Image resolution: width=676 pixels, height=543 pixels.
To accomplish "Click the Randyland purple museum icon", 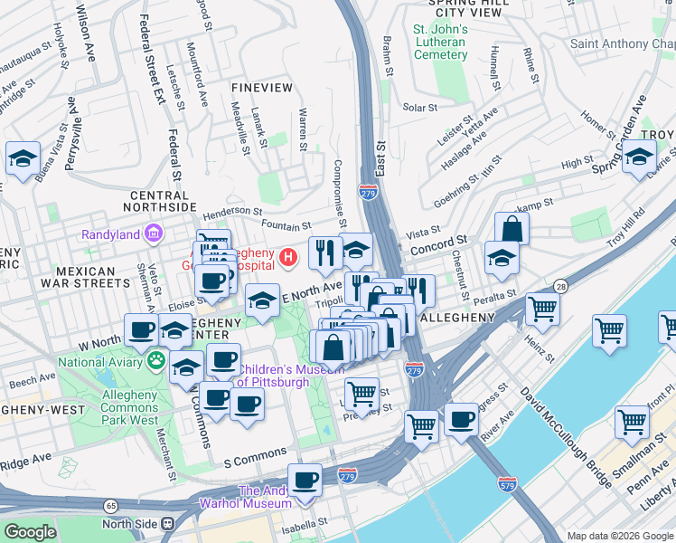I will (154, 234).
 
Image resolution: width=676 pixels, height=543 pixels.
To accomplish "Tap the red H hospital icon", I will (288, 258).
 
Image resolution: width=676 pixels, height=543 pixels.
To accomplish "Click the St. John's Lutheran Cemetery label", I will (440, 42).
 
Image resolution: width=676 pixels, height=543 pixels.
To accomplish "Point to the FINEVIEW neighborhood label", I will (262, 87).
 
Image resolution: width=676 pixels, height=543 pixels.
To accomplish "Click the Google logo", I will (30, 531).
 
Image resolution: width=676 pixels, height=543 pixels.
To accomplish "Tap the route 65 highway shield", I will (110, 506).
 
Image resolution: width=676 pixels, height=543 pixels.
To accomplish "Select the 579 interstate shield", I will (508, 485).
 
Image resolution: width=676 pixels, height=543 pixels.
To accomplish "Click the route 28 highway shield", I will (562, 286).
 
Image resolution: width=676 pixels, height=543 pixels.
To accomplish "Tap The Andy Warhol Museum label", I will (263, 497).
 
